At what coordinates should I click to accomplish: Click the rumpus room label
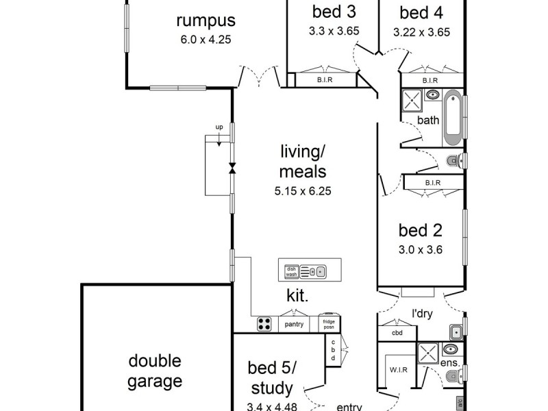206,21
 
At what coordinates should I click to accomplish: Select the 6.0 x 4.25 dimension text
206,40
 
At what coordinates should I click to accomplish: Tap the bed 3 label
333,12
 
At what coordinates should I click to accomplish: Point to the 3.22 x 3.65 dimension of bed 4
421,32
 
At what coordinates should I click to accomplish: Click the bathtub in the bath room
453,117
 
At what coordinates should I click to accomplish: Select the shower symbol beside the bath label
412,101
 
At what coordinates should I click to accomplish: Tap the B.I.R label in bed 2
432,182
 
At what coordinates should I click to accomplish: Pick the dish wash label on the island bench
291,272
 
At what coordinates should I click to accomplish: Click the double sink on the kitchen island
316,272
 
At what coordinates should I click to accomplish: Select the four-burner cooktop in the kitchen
264,324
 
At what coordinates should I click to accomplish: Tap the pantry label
295,325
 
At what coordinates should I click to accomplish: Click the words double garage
154,371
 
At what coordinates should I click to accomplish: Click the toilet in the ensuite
453,377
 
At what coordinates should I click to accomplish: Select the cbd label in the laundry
397,334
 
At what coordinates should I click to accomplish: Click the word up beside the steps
219,127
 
